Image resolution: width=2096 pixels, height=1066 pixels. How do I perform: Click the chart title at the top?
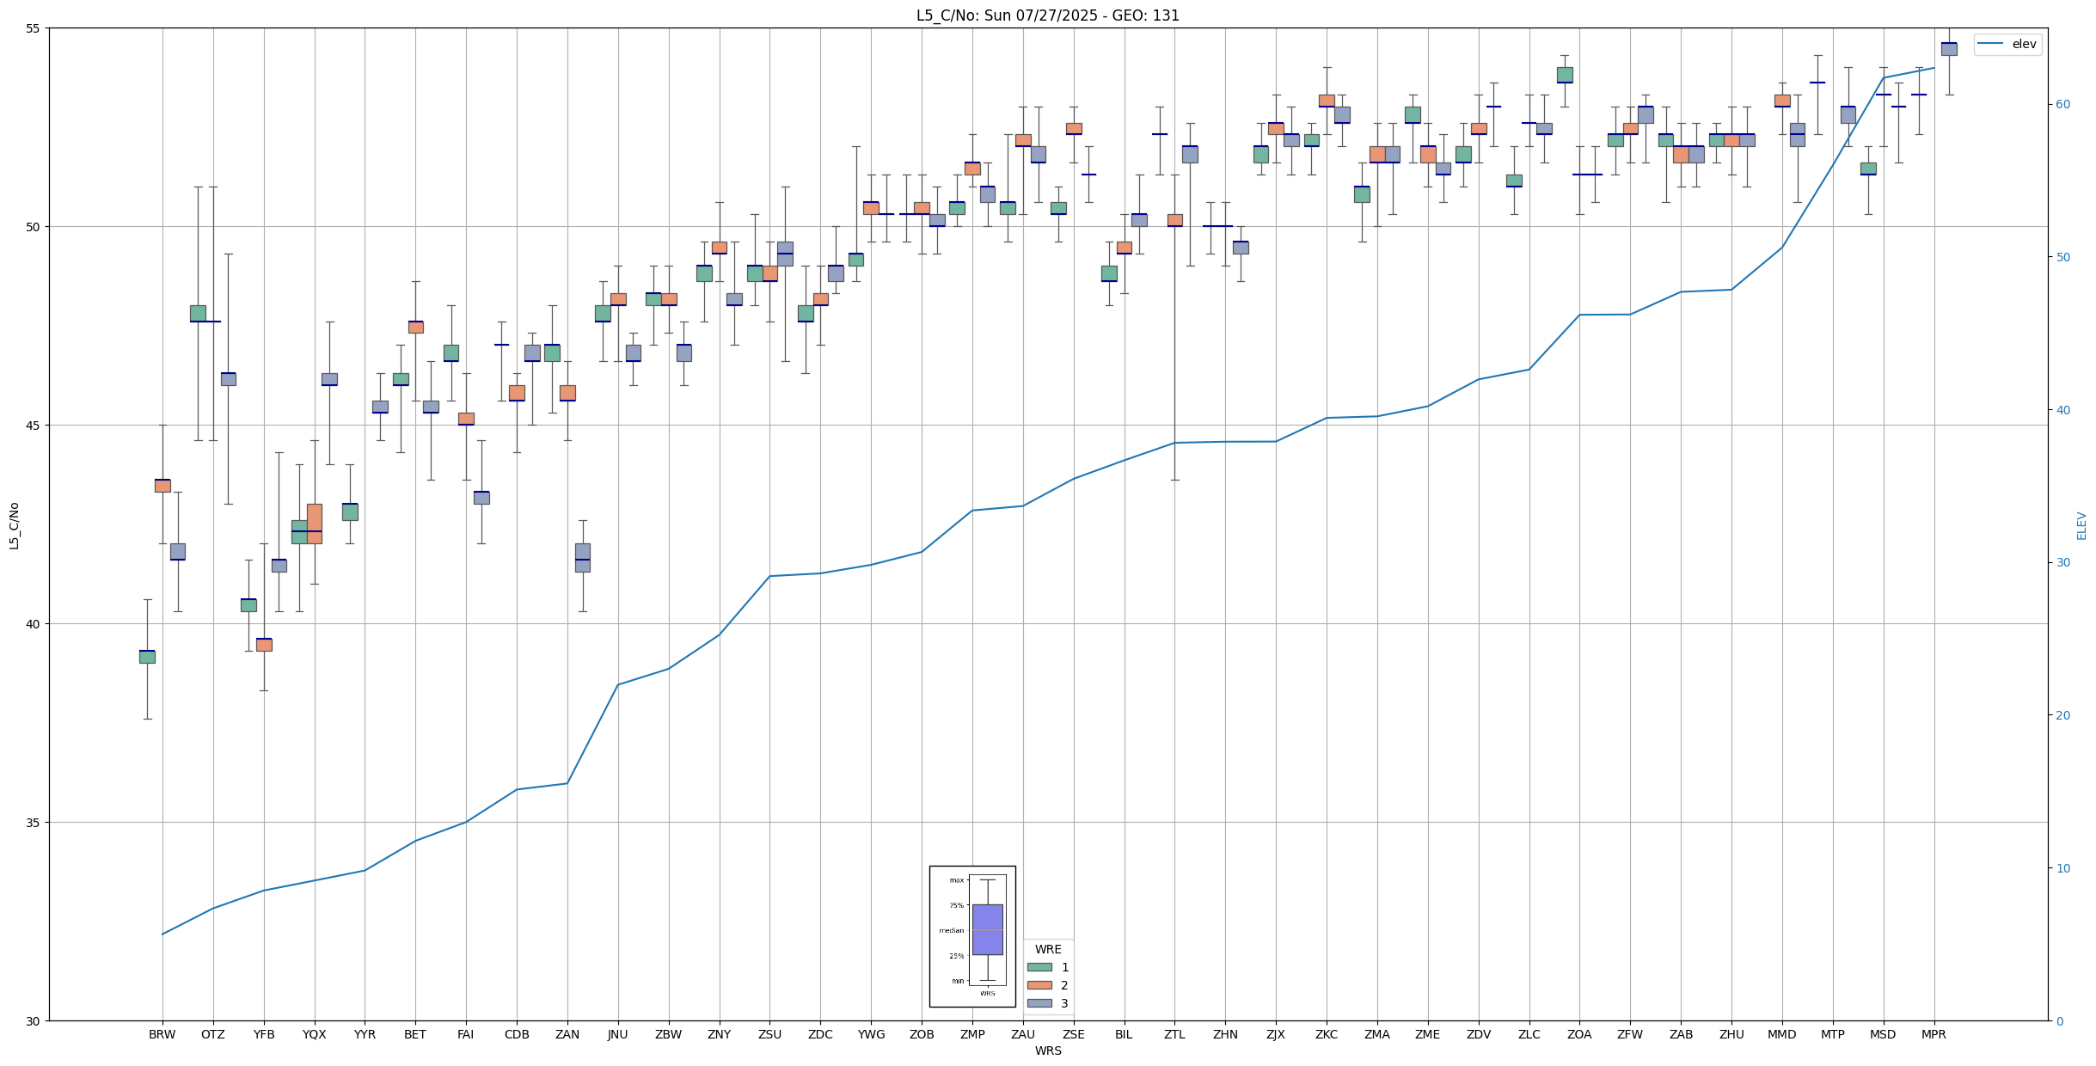point(1047,15)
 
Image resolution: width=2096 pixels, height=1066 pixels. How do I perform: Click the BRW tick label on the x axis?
point(162,1034)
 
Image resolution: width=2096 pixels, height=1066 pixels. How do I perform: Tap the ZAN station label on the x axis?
point(567,1034)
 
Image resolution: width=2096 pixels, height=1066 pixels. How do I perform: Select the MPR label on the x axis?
point(1934,1034)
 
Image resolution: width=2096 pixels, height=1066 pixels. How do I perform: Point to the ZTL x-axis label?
point(1174,1034)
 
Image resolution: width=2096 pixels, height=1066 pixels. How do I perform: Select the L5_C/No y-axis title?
point(14,525)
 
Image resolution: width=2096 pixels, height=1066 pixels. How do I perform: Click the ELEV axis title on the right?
point(2081,525)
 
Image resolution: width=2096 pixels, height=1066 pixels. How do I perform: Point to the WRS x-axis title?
point(1047,1051)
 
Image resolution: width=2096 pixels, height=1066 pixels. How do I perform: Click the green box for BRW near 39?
point(147,657)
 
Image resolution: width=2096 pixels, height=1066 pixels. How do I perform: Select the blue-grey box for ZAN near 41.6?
point(582,557)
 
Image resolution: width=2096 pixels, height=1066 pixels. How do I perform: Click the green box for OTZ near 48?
point(198,313)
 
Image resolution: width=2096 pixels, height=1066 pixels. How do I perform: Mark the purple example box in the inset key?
point(987,929)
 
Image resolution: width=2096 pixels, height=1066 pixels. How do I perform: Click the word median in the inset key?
point(951,930)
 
